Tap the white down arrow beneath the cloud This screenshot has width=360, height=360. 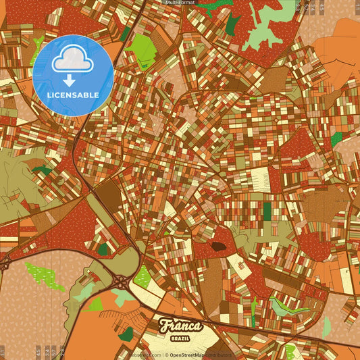coord(70,80)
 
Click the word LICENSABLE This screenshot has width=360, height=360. coord(73,95)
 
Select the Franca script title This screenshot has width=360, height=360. coord(180,326)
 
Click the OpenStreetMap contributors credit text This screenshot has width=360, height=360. coord(200,355)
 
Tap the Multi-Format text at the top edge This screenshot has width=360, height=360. coord(180,3)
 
